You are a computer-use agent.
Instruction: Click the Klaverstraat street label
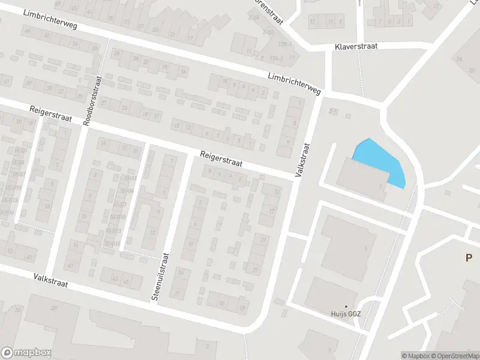356,46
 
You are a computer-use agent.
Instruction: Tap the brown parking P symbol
469,258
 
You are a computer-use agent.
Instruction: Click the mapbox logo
26,353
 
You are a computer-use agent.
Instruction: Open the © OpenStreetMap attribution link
454,356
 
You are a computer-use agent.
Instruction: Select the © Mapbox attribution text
415,356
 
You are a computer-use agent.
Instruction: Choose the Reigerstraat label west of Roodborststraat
51,114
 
